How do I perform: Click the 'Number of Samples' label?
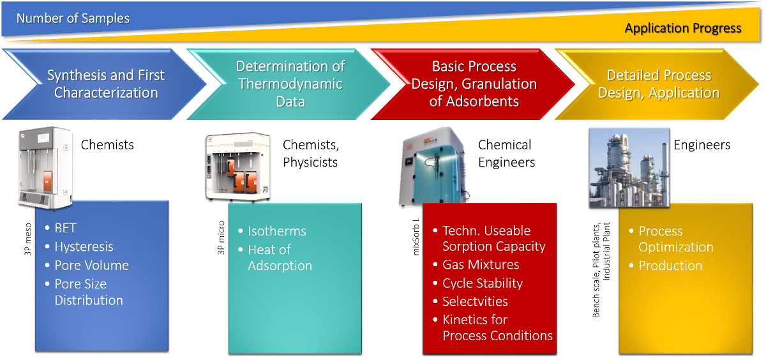click(x=73, y=19)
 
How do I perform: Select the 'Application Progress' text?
click(x=683, y=28)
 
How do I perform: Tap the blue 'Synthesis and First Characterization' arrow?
click(x=104, y=84)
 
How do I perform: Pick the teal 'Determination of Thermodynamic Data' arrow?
click(x=289, y=84)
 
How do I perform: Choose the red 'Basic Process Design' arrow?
click(x=473, y=84)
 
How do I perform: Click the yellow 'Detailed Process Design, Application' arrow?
click(x=657, y=84)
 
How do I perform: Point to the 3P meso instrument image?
click(x=45, y=167)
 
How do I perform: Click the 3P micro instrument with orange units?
click(x=238, y=167)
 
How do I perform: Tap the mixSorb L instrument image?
click(x=434, y=167)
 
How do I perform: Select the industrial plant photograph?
click(x=629, y=167)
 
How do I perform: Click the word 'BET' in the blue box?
click(x=65, y=228)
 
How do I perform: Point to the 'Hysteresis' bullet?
click(x=84, y=247)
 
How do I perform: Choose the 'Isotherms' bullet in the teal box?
click(x=277, y=232)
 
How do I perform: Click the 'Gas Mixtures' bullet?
click(x=481, y=265)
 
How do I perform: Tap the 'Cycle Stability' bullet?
click(x=483, y=283)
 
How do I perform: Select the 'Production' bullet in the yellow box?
click(x=670, y=266)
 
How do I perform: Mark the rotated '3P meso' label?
click(x=27, y=239)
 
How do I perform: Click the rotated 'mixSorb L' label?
click(x=416, y=237)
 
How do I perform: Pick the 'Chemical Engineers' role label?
click(x=506, y=153)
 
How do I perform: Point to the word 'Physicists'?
click(x=310, y=162)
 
